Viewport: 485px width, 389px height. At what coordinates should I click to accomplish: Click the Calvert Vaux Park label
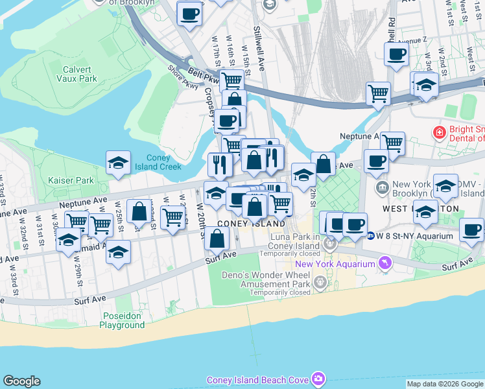[x=80, y=73]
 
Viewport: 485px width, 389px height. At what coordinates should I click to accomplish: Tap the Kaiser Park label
[x=67, y=179]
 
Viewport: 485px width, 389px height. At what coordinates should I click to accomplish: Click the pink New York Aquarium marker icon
[x=386, y=263]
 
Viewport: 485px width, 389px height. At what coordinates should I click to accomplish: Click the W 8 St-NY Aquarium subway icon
[x=370, y=235]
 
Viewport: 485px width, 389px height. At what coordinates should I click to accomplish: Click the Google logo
[x=21, y=381]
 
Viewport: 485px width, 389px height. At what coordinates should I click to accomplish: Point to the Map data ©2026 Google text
[x=445, y=384]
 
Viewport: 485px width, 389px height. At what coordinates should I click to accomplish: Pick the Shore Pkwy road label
[x=183, y=77]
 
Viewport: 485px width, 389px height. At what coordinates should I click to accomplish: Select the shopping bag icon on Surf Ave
[x=218, y=238]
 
